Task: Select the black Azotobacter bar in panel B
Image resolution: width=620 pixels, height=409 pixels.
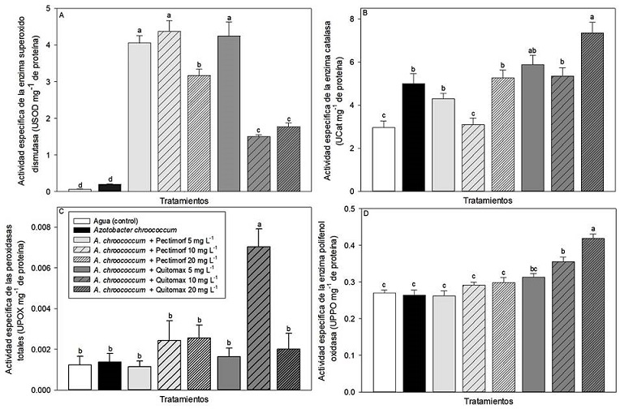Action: [x=414, y=138]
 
